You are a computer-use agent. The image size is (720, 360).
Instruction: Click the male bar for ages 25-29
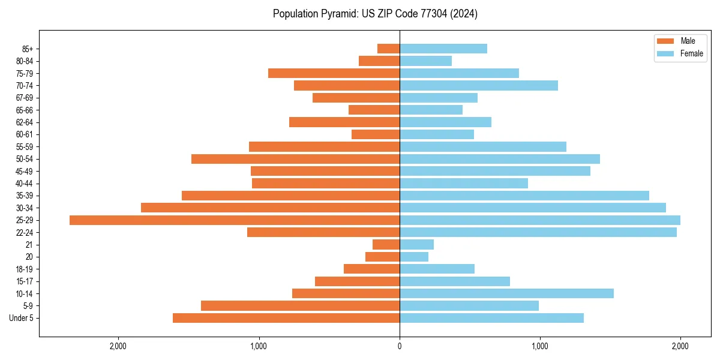(x=234, y=220)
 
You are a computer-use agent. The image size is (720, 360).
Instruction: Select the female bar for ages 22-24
(x=538, y=232)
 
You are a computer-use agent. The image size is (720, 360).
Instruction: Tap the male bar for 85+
(x=388, y=49)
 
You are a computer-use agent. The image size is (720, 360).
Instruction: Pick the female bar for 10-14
(x=506, y=293)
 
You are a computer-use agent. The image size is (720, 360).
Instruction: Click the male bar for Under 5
(x=286, y=318)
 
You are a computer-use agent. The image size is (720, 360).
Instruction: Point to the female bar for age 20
(x=414, y=257)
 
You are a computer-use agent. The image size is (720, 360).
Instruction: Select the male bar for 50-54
(x=295, y=159)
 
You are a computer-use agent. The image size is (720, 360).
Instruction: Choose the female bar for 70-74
(x=478, y=85)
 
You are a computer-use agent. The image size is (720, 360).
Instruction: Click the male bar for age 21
(x=386, y=245)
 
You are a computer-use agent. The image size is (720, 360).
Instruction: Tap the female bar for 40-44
(x=463, y=184)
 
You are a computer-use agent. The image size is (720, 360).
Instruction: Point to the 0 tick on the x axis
(x=400, y=346)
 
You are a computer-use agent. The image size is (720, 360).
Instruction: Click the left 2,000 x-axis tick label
(x=118, y=346)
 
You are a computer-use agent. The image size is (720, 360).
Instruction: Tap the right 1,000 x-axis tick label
(x=539, y=346)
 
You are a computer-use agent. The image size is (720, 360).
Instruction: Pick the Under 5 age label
(x=21, y=318)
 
